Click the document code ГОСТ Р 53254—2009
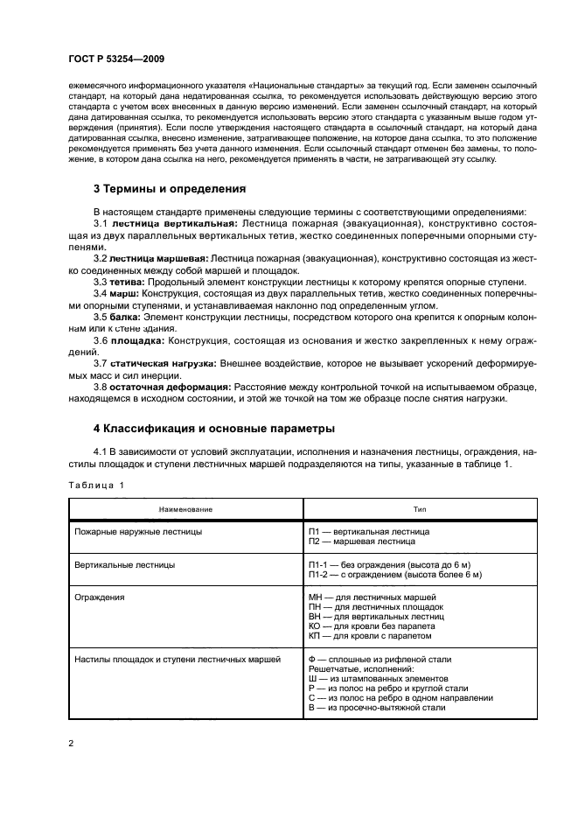tap(117, 59)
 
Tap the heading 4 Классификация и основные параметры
tap(213, 429)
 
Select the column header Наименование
tap(185, 508)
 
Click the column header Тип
tap(420, 508)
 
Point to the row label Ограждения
tap(100, 598)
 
